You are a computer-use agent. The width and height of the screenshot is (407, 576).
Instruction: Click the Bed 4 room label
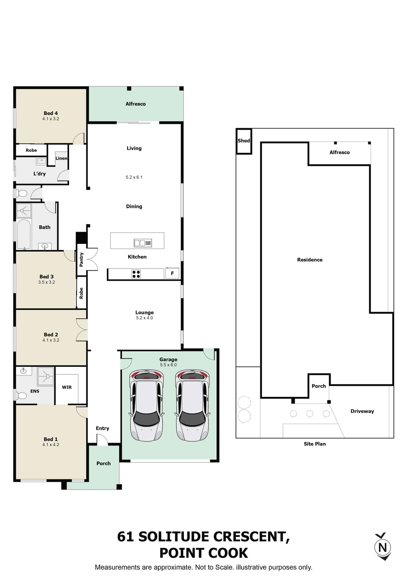(x=51, y=113)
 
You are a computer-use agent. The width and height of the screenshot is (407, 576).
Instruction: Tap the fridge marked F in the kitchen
(x=172, y=273)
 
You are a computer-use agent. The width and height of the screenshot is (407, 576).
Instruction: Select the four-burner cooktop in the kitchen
(x=136, y=274)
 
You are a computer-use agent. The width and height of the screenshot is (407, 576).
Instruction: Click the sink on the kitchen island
(x=143, y=243)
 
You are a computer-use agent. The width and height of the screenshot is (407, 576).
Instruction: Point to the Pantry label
(x=81, y=259)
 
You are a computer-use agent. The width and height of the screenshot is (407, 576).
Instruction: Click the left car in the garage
(x=147, y=406)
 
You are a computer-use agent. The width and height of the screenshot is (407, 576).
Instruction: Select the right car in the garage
(x=192, y=406)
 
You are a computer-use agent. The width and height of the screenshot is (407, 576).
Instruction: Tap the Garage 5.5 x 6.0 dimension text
(x=168, y=365)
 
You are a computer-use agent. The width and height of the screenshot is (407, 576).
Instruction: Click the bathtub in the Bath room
(x=24, y=234)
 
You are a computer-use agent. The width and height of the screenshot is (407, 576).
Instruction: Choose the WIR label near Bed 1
(x=67, y=387)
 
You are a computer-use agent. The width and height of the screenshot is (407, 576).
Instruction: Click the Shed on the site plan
(x=244, y=141)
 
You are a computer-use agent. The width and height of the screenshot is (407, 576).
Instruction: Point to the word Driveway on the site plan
(x=362, y=411)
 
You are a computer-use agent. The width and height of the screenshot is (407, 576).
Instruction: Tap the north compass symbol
(x=383, y=547)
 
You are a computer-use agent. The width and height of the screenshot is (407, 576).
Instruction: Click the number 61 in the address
(x=125, y=537)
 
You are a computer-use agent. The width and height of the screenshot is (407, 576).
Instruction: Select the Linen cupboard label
(x=61, y=158)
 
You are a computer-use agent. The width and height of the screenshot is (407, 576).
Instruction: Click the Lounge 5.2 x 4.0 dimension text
(x=144, y=318)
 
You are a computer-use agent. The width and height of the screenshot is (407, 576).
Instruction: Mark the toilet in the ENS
(x=21, y=395)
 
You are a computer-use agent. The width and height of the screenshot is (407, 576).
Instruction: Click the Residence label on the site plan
(x=310, y=260)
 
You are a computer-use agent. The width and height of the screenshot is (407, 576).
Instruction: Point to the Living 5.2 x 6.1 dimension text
(x=134, y=177)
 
